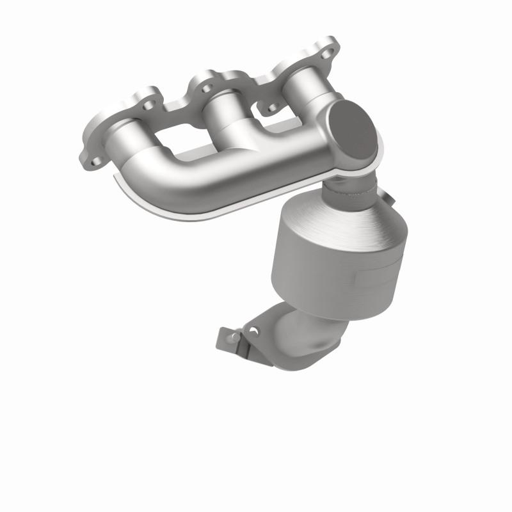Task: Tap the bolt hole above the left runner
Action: coord(148,102)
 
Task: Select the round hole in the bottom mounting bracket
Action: coord(254,331)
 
